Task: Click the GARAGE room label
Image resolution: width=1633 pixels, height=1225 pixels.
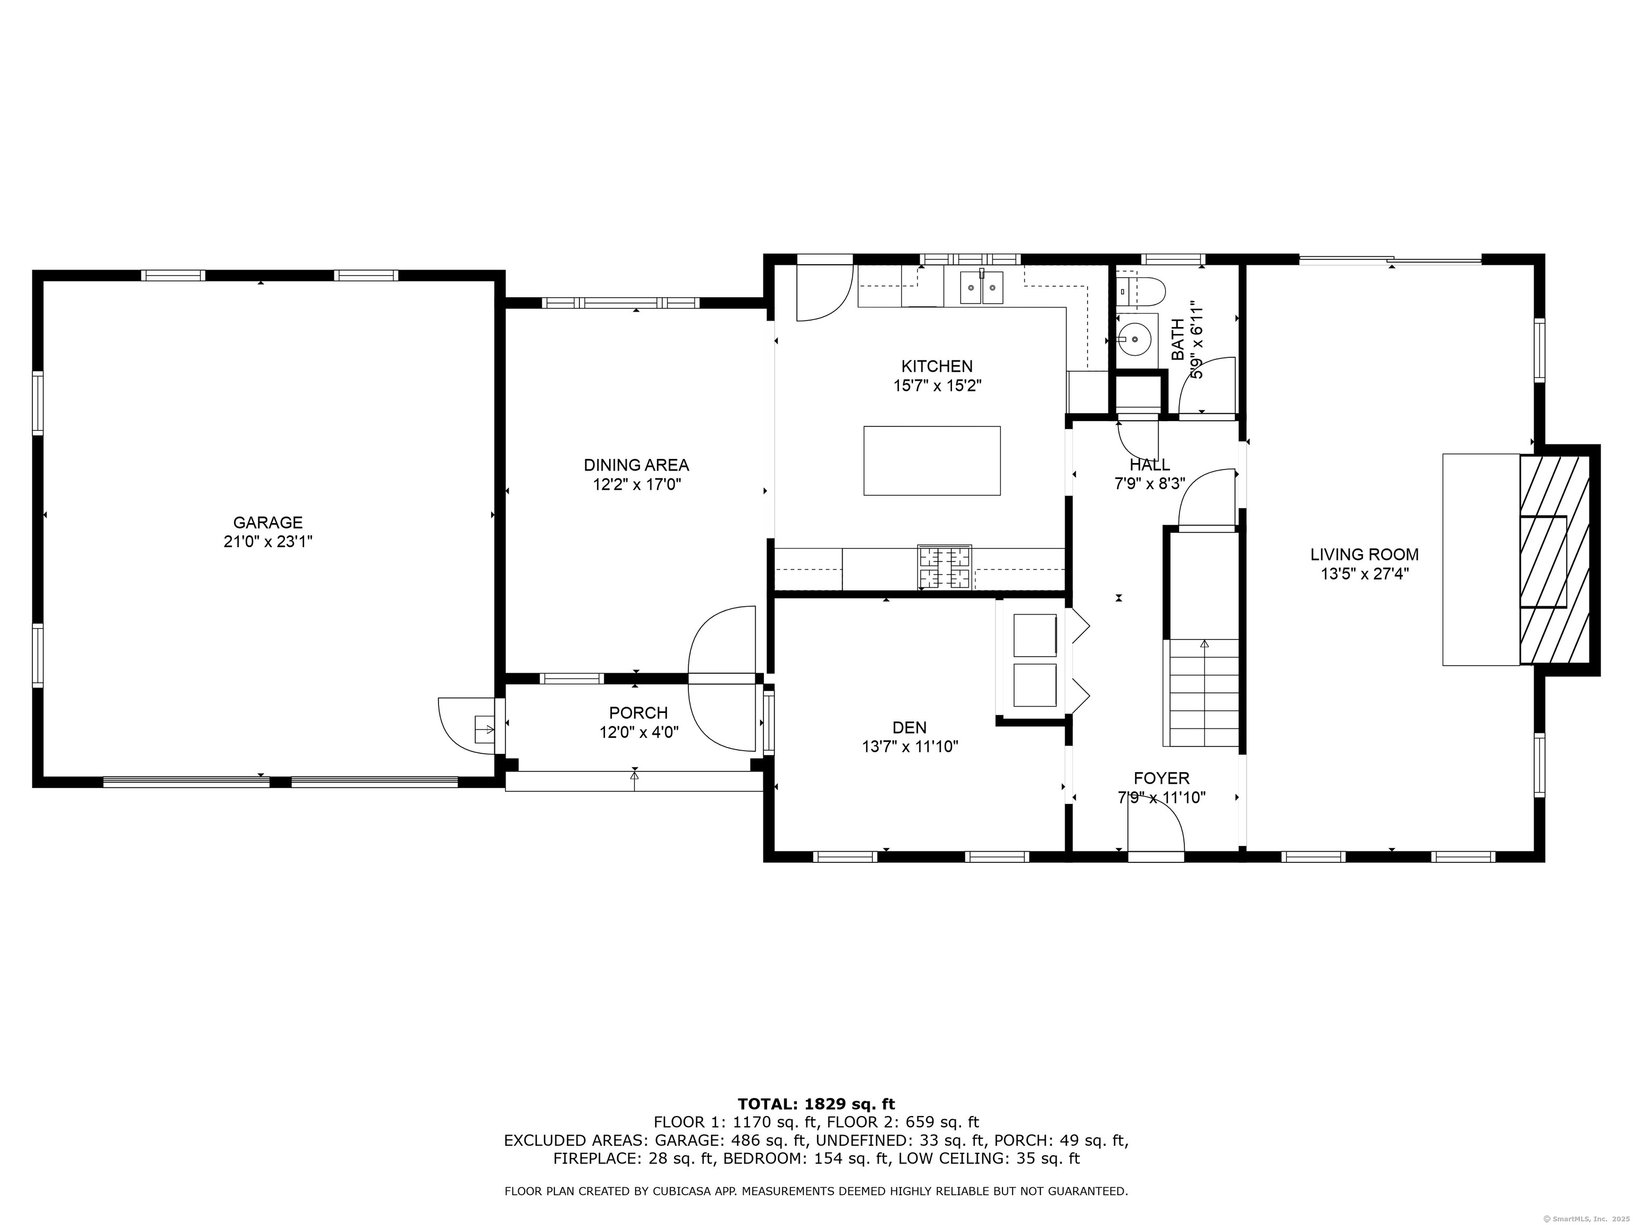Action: [x=268, y=523]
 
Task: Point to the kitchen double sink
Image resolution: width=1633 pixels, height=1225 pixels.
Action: [x=981, y=287]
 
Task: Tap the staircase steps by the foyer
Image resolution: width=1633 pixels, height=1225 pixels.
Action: [x=1201, y=693]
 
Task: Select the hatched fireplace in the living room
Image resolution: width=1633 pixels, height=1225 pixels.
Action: [x=1554, y=560]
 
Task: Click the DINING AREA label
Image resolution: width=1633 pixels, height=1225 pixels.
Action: [x=636, y=465]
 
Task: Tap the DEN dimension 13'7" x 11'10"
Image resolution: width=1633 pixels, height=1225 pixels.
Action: [x=910, y=746]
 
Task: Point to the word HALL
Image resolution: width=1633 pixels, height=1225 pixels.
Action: [x=1149, y=465]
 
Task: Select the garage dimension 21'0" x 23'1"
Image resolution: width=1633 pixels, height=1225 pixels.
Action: [x=268, y=542]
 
